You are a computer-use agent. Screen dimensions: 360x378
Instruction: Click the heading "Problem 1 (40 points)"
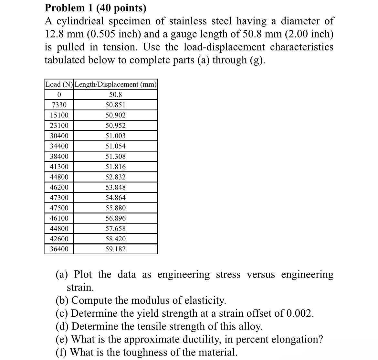(x=95, y=7)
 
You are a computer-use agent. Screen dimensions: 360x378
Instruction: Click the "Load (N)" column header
(x=59, y=84)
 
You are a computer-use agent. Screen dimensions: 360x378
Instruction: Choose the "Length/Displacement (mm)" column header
(x=116, y=84)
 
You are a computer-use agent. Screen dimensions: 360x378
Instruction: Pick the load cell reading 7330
(x=59, y=105)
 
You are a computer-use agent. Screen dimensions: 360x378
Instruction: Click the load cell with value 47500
(x=59, y=208)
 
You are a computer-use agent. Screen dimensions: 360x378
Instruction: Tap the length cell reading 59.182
(x=116, y=249)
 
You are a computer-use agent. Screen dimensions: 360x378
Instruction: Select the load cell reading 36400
(x=59, y=249)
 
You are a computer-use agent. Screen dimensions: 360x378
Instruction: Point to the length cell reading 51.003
(x=116, y=136)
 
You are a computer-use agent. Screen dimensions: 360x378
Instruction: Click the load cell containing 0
(x=59, y=95)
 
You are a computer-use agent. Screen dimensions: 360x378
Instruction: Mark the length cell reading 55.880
(x=116, y=208)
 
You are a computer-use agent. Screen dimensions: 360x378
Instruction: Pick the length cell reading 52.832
(x=116, y=177)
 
